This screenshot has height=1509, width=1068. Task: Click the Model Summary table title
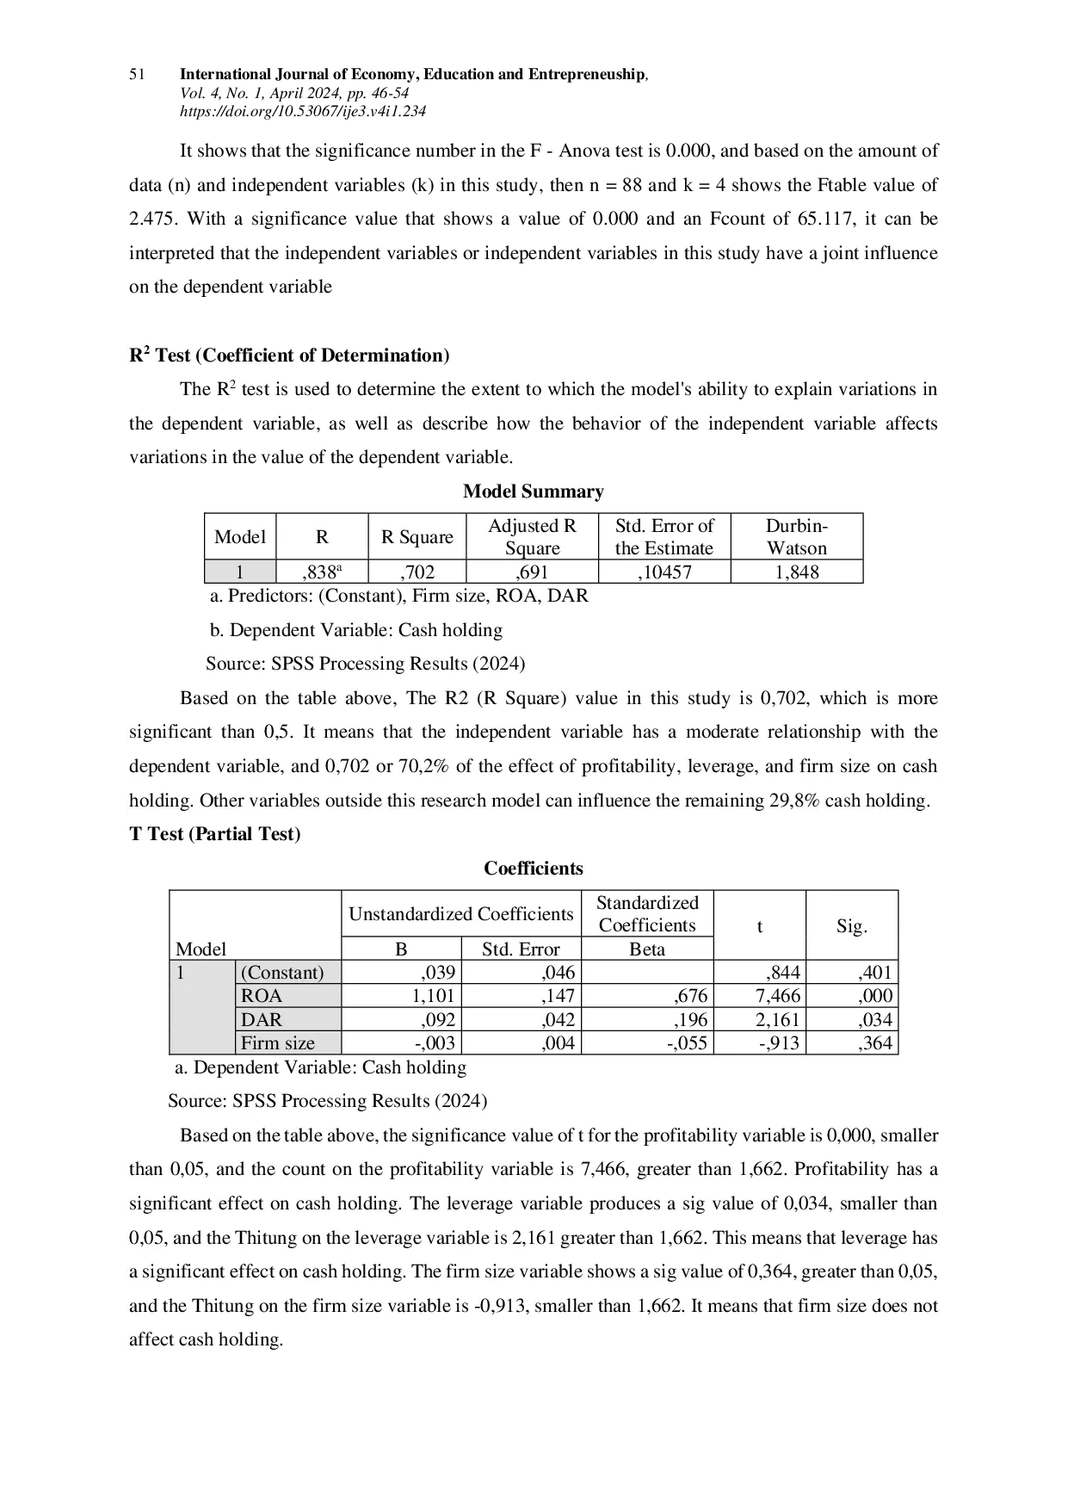tap(533, 492)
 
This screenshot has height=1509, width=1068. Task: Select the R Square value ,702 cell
tap(417, 572)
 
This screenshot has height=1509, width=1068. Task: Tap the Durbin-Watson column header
tap(796, 536)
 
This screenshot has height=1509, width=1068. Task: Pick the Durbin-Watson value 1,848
tap(796, 572)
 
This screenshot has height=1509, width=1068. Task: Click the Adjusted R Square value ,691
tap(532, 572)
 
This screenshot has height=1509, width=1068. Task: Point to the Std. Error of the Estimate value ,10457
tap(664, 572)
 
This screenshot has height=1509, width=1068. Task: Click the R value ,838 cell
tap(322, 572)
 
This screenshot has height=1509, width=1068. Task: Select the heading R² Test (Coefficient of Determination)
tap(289, 356)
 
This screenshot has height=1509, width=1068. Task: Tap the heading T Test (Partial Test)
tap(215, 834)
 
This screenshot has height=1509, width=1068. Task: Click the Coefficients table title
tap(533, 869)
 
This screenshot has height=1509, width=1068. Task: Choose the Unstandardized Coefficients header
tap(460, 914)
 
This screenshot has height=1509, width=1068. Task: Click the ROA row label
tap(262, 996)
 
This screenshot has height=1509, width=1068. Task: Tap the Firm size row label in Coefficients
tap(277, 1043)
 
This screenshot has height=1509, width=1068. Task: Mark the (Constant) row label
tap(282, 973)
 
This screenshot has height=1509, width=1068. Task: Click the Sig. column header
tap(851, 926)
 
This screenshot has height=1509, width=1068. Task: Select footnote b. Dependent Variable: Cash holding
tap(356, 630)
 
